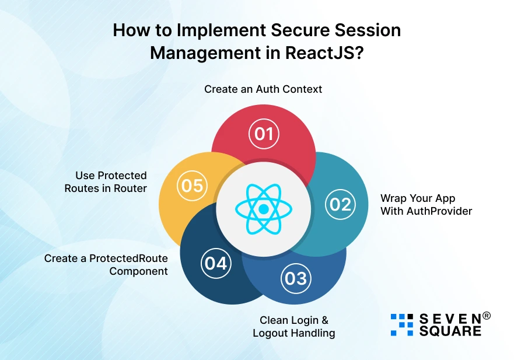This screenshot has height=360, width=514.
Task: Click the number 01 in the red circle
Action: tap(264, 134)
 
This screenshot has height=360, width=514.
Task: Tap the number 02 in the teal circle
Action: tap(340, 204)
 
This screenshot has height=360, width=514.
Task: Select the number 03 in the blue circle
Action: tap(295, 278)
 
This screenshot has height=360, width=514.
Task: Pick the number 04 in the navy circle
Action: tap(215, 263)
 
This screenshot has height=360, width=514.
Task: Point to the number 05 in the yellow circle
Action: tap(192, 186)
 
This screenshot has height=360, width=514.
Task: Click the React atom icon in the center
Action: tap(263, 208)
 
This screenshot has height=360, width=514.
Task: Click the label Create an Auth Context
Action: tap(263, 89)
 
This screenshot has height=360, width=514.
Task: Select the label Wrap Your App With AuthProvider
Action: tap(426, 204)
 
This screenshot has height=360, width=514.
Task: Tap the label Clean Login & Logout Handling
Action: tap(293, 327)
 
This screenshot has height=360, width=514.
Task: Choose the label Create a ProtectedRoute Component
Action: tap(106, 264)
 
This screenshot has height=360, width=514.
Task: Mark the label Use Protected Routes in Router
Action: tap(106, 181)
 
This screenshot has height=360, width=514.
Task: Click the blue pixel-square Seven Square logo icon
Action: tap(401, 324)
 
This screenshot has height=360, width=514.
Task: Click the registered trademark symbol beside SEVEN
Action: tap(486, 316)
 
